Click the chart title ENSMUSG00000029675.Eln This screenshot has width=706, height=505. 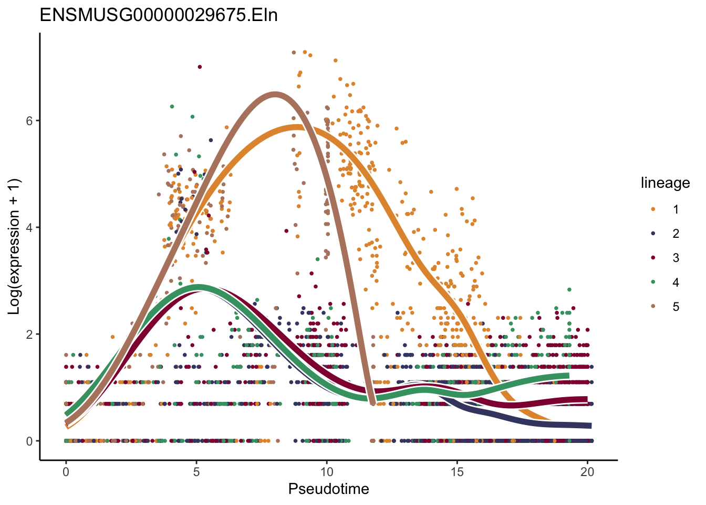[x=159, y=15]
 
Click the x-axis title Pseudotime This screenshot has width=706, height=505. [x=328, y=489]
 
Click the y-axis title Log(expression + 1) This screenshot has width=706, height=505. [x=14, y=246]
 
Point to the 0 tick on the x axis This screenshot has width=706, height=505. [x=66, y=472]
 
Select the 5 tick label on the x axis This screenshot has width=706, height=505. [x=196, y=472]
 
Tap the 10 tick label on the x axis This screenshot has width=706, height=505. [x=327, y=472]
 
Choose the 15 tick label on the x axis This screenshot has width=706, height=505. [x=457, y=472]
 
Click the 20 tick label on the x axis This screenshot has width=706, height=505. [x=587, y=472]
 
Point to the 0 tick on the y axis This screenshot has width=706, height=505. [x=30, y=441]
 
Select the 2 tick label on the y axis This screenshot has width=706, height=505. [x=30, y=335]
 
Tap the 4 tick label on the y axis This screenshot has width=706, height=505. [x=30, y=228]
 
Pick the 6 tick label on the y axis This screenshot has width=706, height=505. [x=30, y=121]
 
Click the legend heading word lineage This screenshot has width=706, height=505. [x=665, y=183]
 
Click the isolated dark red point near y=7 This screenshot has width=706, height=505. [x=200, y=67]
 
